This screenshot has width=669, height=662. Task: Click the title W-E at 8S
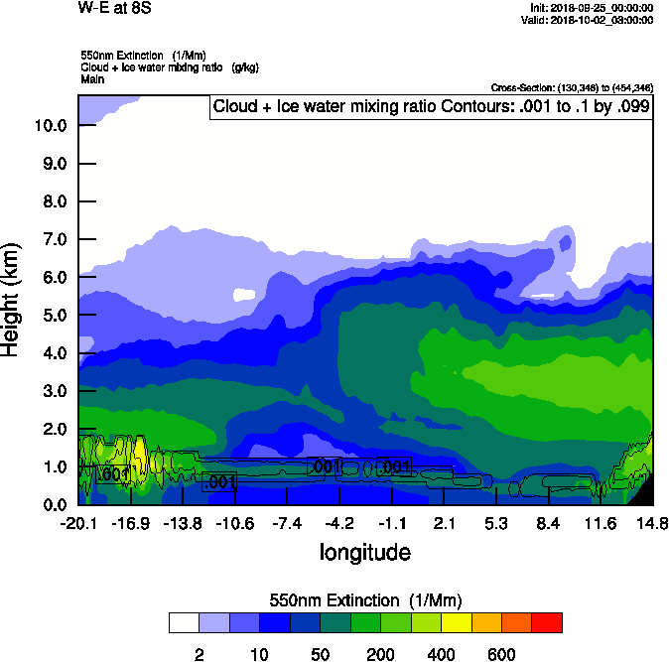[x=109, y=8]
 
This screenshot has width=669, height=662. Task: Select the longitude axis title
[x=364, y=551]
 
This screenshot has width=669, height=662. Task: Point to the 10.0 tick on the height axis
[x=50, y=126]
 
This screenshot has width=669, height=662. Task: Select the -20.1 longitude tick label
[x=78, y=522]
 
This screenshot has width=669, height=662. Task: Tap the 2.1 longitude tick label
[x=444, y=522]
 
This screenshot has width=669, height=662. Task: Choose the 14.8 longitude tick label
[x=652, y=522]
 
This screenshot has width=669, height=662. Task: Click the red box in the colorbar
[x=547, y=623]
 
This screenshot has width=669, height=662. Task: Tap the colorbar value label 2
[x=200, y=654]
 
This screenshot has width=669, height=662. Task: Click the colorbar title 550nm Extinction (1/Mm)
[x=365, y=599]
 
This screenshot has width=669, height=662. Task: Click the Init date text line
[x=592, y=8]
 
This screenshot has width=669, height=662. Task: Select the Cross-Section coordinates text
[x=572, y=87]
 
